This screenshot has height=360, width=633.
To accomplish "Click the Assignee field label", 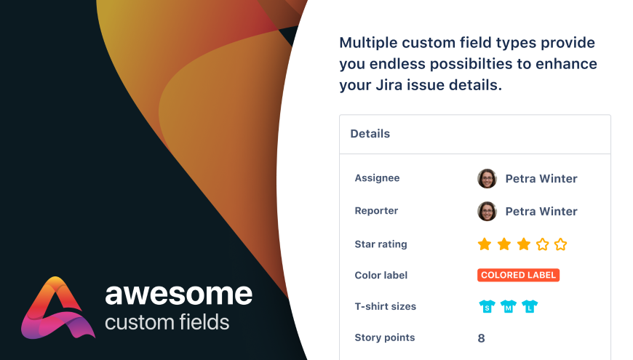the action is coord(377,178).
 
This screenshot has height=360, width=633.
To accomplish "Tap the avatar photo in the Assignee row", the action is coord(487,178).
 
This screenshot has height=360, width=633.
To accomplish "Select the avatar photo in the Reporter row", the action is coord(487,211).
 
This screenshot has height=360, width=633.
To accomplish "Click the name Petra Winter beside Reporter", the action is coord(541,211).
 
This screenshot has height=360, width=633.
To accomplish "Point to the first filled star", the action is coord(485,244).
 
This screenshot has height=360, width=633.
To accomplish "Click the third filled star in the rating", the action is coord(524,244).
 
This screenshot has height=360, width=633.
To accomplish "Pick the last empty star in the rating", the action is coord(561,244).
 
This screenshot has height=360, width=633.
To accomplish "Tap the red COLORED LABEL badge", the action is coord(518,275).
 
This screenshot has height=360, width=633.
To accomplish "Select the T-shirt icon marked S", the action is coord(487,306).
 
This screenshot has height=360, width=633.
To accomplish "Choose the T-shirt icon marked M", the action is coord(509,306).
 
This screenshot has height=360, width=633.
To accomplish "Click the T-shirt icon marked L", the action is coord(530,306).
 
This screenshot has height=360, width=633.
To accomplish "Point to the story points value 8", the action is coord(481,338).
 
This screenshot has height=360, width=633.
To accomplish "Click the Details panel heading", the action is coord(370,134).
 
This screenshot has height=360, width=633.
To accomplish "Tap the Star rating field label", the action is coord(381,244).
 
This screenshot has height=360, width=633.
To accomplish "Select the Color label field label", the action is coord(381,275).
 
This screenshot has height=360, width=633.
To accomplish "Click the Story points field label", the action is coord(385,337).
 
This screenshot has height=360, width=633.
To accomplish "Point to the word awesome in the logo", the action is coord(179,294).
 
